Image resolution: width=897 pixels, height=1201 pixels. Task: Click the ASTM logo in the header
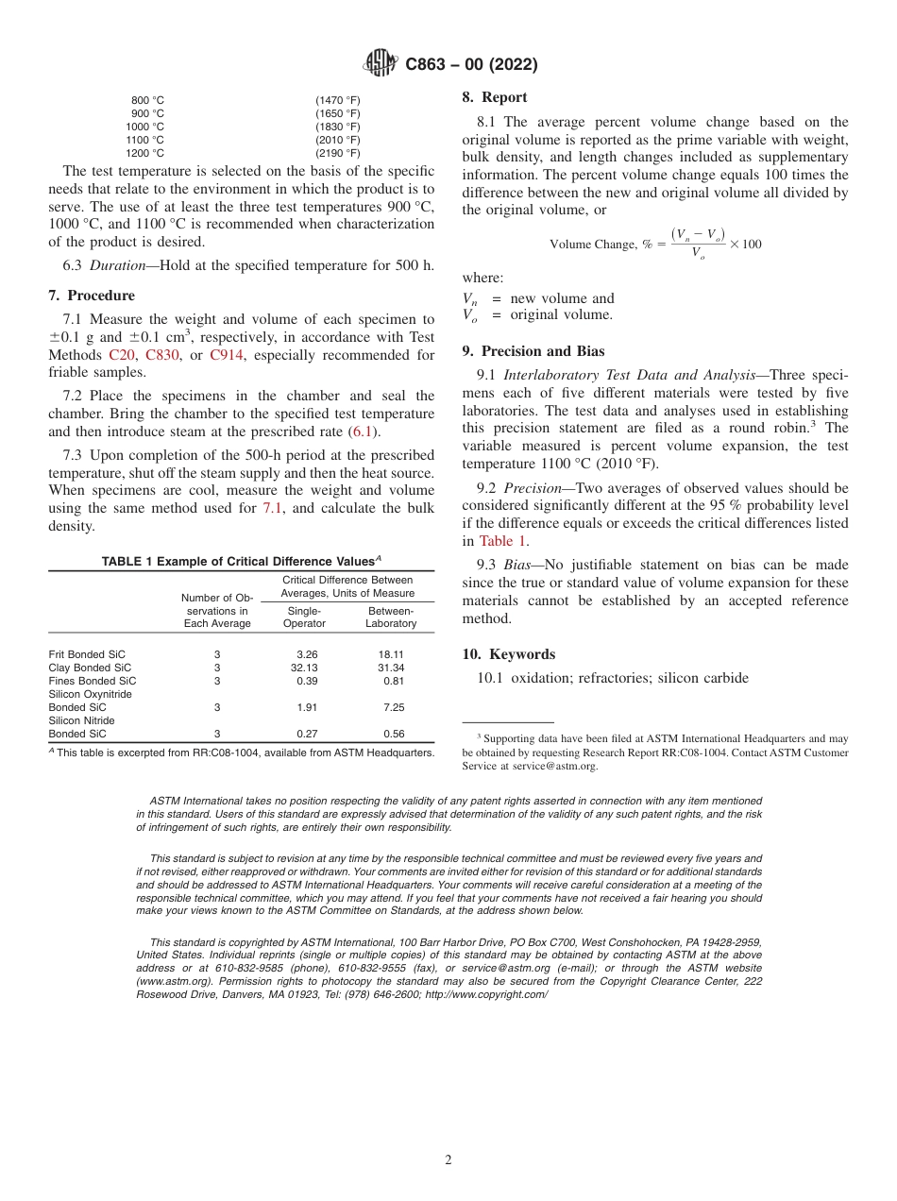[x=381, y=64]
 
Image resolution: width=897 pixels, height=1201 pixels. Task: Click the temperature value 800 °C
[x=147, y=100]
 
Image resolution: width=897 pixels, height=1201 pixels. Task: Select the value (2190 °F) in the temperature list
[x=337, y=153]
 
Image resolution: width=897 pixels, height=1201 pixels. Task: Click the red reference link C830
[x=161, y=355]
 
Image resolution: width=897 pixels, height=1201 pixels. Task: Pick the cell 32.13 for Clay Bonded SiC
[x=304, y=668]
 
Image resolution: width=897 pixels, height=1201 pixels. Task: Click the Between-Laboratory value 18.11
[x=391, y=654]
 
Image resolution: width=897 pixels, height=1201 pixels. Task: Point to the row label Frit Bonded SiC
[x=87, y=654]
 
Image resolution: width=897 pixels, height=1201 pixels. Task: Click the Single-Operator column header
[x=304, y=617]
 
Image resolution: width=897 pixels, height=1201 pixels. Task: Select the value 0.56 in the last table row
[x=394, y=734]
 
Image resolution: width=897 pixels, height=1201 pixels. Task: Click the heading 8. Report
[x=495, y=97]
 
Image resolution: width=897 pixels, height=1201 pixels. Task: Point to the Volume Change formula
[x=655, y=244]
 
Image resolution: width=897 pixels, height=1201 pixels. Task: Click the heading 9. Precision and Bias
[x=533, y=351]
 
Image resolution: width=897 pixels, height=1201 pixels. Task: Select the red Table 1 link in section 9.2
[x=502, y=541]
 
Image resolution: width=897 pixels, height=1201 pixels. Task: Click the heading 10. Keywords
[x=508, y=654]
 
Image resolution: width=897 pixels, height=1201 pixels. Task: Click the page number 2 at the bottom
[x=448, y=1160]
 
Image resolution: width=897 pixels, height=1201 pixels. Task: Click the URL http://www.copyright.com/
[x=485, y=994]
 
